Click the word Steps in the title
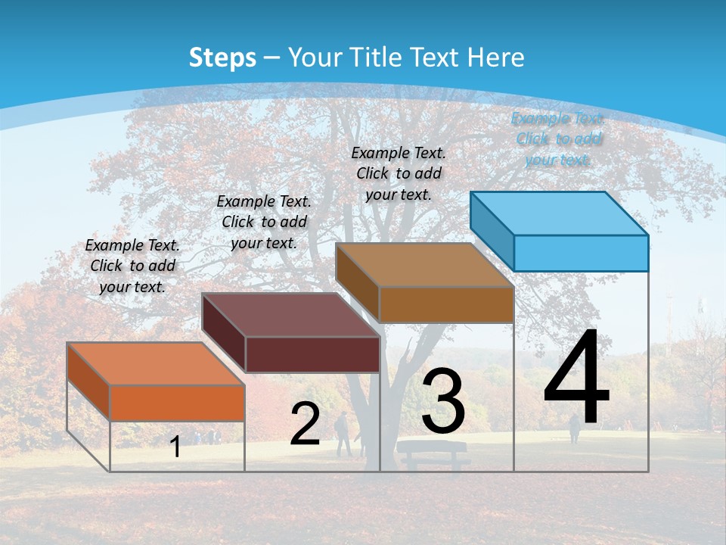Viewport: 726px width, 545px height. [x=222, y=58]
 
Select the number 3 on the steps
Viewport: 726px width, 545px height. [x=443, y=401]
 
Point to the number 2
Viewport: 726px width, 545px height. [x=305, y=424]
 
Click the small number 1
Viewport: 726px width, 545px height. [x=175, y=447]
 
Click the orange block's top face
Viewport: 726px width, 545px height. [x=155, y=363]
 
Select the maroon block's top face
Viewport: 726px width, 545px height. [x=290, y=315]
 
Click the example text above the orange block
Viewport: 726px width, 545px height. [x=132, y=266]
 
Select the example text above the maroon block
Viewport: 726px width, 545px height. [x=264, y=222]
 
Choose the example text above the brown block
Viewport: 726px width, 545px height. [x=399, y=173]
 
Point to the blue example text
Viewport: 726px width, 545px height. [x=558, y=139]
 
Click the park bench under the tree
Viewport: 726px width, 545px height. [x=433, y=454]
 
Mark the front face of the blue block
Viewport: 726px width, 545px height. [x=581, y=253]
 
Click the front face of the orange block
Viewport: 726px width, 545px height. [x=177, y=403]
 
